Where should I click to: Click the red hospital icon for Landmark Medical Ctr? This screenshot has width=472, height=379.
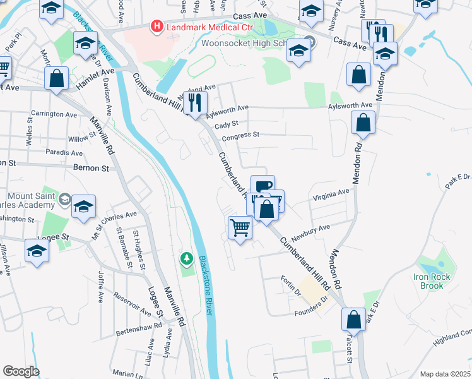(x=155, y=27)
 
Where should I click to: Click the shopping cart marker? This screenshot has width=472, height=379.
(x=240, y=227)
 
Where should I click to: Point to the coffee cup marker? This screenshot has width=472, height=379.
(x=263, y=186)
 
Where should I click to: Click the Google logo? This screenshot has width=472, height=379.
(x=21, y=371)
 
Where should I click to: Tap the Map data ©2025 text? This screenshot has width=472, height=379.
(x=444, y=374)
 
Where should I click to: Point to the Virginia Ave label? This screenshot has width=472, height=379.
(x=331, y=195)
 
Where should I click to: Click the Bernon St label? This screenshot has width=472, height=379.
(x=92, y=169)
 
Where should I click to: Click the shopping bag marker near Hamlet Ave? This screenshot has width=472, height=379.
(x=57, y=80)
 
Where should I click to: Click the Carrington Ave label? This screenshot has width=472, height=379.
(x=54, y=114)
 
